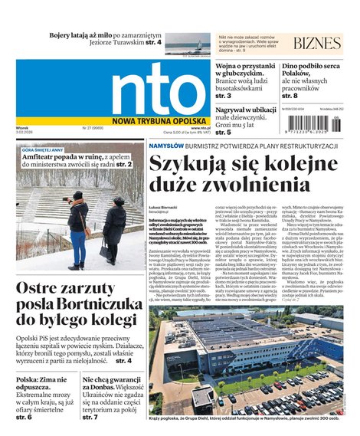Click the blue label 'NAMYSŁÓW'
(x=166, y=146)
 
